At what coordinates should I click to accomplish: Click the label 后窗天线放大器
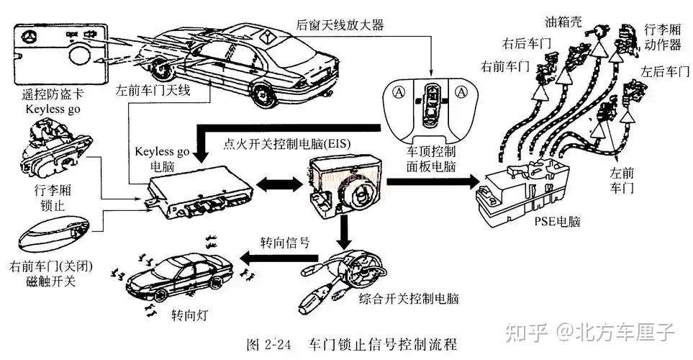click(339, 25)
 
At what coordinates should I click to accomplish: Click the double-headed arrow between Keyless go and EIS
click(279, 185)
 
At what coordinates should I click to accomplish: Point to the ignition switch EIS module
click(341, 184)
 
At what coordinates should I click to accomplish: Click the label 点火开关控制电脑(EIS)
click(287, 144)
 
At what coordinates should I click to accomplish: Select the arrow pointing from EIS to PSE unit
click(432, 183)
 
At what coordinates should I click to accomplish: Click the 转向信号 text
click(285, 242)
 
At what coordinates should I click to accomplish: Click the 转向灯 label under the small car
click(186, 315)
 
